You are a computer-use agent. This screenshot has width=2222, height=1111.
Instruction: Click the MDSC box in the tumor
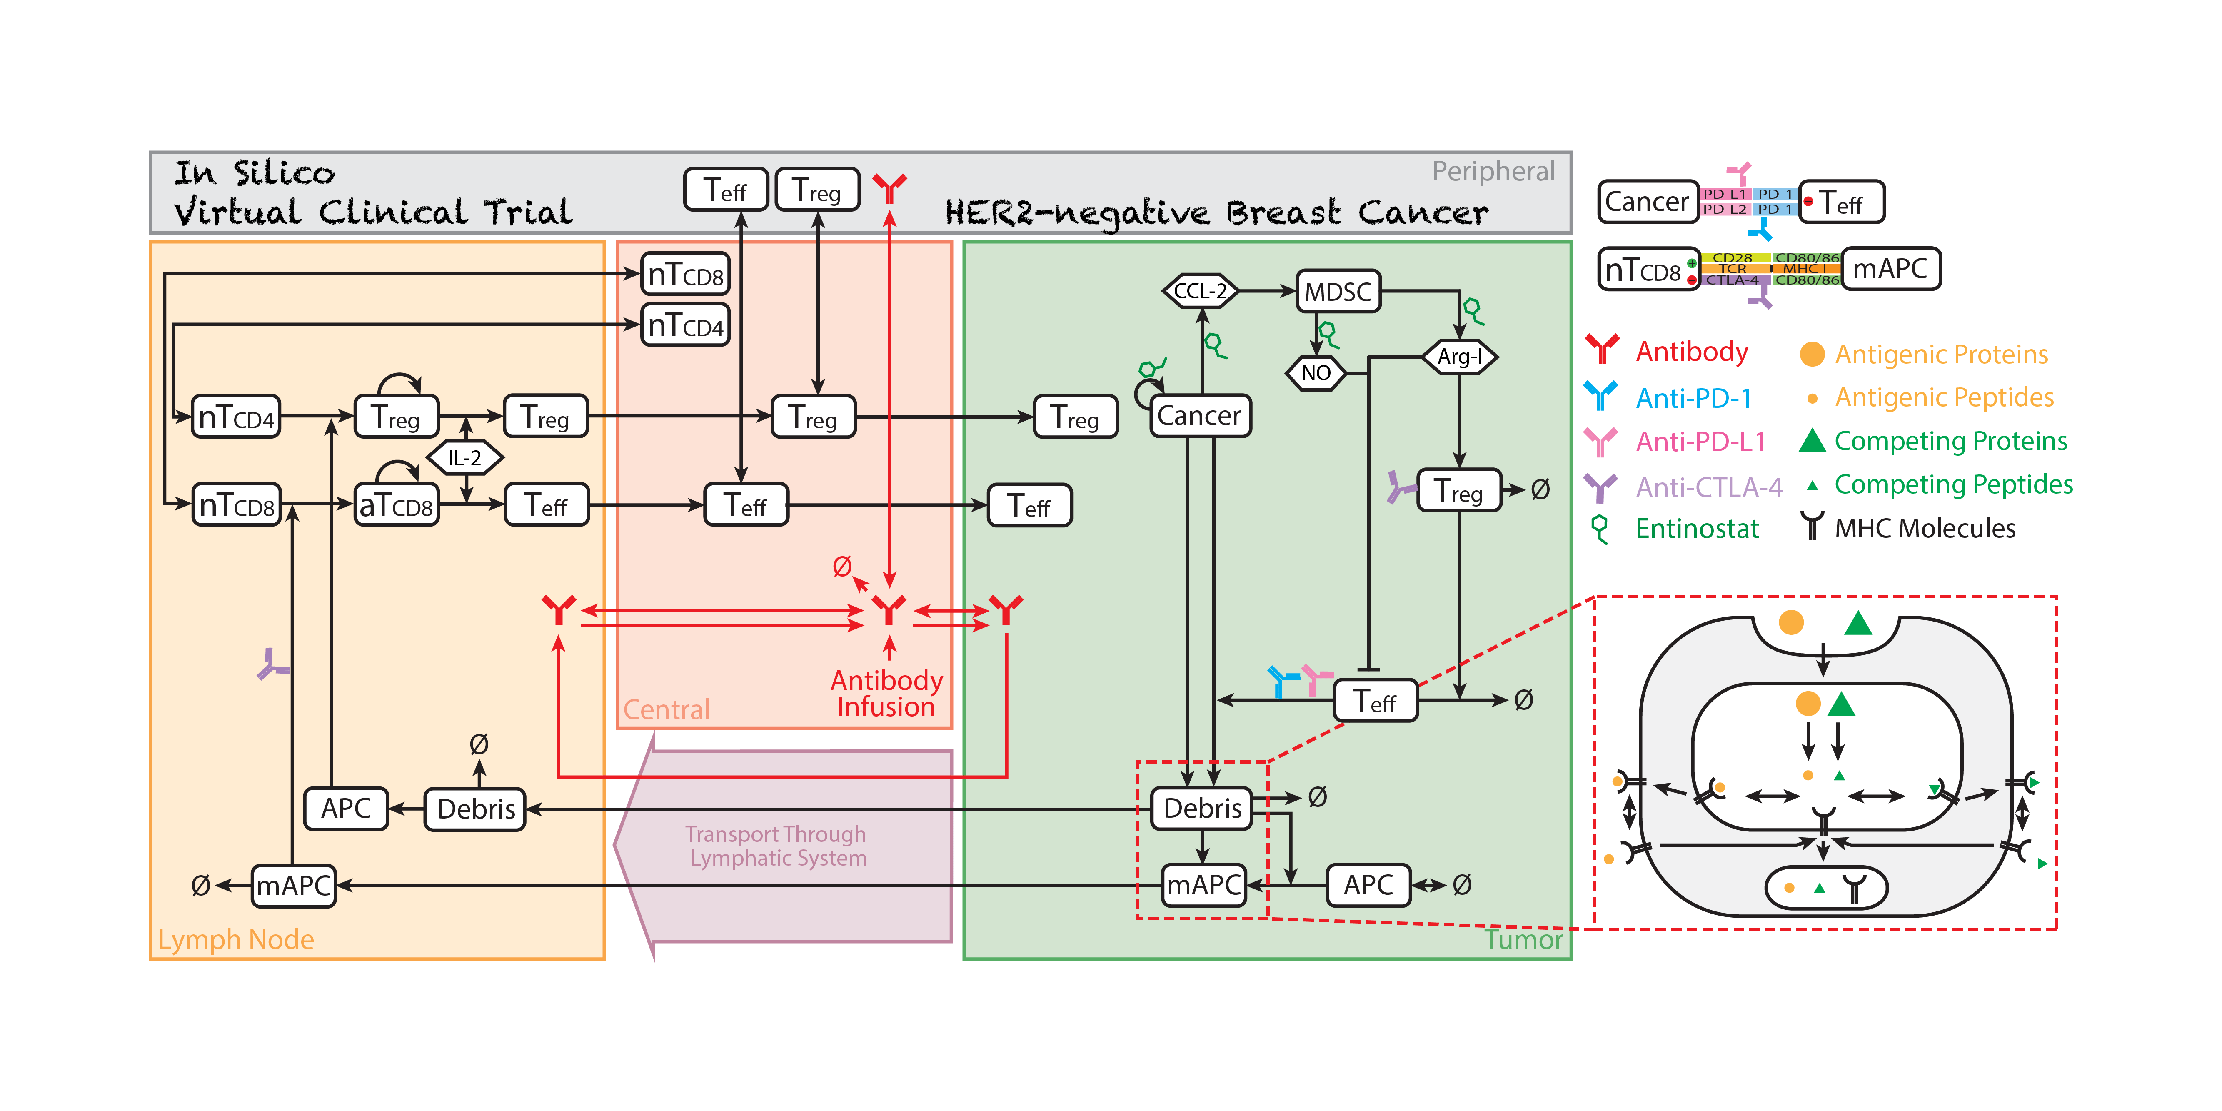pos(1338,292)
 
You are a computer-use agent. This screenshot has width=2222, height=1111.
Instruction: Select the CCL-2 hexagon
pos(1200,292)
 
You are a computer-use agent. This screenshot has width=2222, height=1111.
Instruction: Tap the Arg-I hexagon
pos(1460,356)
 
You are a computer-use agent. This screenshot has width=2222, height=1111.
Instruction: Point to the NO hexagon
pos(1316,373)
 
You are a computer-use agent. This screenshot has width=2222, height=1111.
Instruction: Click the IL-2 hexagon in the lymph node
pos(465,458)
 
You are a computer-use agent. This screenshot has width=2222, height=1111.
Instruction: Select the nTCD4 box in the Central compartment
pos(686,325)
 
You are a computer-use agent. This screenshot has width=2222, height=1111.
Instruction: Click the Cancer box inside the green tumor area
pos(1199,416)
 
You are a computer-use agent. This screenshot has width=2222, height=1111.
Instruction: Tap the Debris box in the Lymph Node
pos(475,809)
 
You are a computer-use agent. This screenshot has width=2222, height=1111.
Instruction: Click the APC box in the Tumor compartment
pos(1368,885)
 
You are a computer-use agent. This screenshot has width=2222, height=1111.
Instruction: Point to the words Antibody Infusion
pos(887,694)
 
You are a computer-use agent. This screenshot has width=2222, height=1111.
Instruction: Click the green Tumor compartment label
pos(1523,939)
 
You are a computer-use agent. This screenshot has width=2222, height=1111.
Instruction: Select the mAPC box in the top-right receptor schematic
pos(1890,269)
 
